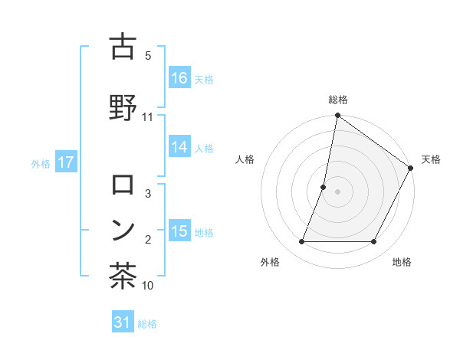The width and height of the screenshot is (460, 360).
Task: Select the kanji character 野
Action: pos(123,105)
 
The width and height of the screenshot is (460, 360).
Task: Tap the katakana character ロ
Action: pos(123,185)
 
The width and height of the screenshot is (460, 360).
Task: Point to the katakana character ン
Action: pos(123,230)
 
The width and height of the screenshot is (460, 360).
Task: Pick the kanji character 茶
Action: pos(123,275)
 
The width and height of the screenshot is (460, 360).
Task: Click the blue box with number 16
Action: pos(179,78)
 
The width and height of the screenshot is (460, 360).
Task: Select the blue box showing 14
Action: pos(179,148)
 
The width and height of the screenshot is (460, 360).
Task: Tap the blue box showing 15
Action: pos(179,231)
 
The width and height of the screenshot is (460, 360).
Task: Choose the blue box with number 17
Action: pos(65,162)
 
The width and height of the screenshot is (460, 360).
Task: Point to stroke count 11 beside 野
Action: pos(148,116)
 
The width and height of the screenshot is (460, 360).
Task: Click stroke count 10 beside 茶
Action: pos(148,286)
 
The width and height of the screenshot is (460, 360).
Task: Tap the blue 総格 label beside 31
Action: pos(147,324)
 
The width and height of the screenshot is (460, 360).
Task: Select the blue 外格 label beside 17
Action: pos(41,163)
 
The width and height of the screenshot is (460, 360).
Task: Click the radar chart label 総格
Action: pos(338,100)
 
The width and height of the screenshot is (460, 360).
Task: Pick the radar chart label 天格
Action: pos(431,159)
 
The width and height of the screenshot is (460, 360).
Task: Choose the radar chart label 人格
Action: pos(245,159)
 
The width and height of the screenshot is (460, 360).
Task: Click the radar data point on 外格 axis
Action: pos(301,242)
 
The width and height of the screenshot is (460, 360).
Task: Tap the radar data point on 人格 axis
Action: pos(324,187)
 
